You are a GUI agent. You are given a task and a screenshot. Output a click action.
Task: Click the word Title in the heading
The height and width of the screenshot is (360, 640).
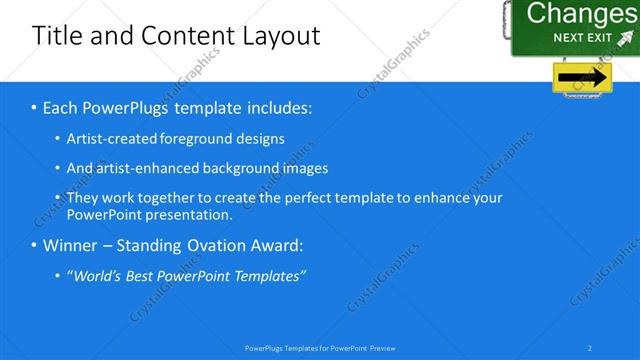(x=57, y=37)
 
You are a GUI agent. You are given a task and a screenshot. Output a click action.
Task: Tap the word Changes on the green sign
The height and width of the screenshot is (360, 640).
(x=580, y=13)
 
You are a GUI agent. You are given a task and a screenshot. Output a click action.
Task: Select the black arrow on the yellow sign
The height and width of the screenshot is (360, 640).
(x=583, y=77)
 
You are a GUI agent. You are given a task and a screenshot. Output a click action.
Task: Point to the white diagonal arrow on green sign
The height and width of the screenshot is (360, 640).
(x=625, y=40)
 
